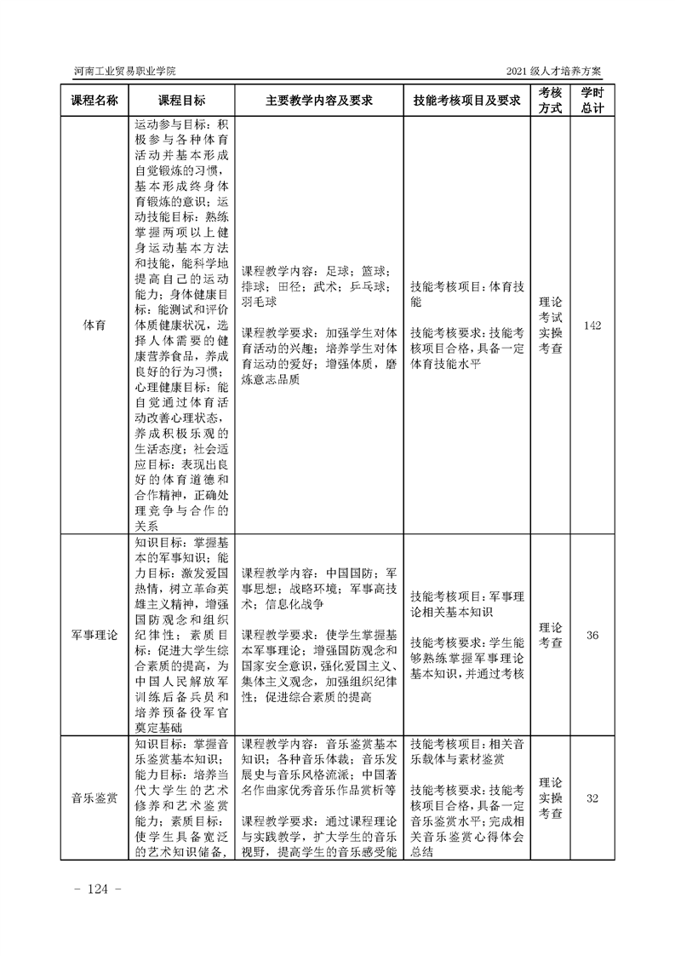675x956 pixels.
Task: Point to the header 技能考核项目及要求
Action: click(466, 101)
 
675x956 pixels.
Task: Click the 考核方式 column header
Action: click(550, 101)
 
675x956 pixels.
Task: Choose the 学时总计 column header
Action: click(592, 101)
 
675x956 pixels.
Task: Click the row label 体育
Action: click(94, 326)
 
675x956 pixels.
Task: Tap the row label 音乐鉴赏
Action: click(94, 798)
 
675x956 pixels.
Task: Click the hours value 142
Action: click(592, 326)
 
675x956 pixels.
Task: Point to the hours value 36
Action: click(592, 636)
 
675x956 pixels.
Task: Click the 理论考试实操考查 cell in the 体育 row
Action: click(550, 325)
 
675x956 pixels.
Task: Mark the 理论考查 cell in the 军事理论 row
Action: click(550, 636)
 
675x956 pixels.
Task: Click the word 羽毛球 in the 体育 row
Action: click(260, 302)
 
